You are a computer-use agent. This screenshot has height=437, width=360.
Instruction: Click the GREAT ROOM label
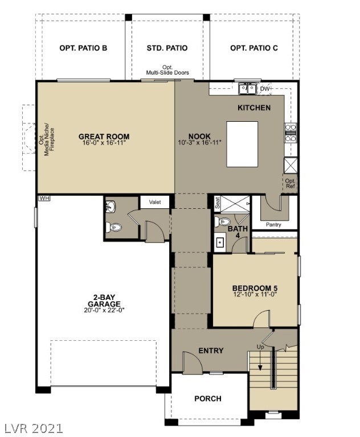coord(104,137)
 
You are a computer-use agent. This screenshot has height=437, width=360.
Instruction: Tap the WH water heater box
coord(44,199)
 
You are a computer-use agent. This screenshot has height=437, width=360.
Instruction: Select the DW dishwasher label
coord(265,89)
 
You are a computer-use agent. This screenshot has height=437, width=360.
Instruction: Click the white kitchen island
coord(242,144)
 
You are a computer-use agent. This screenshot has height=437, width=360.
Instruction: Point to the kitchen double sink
coord(248,89)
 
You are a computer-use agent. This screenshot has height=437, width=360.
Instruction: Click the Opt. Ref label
coord(291,183)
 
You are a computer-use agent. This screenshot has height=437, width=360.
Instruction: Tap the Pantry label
coord(273,225)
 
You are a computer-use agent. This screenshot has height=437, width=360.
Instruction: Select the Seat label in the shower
coord(218,203)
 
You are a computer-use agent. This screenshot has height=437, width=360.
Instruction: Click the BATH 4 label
coord(238,232)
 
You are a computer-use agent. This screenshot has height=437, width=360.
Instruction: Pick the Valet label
coord(154,202)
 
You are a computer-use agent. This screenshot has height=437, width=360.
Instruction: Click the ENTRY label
coord(211,351)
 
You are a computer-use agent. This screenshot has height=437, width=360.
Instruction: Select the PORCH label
coord(208,398)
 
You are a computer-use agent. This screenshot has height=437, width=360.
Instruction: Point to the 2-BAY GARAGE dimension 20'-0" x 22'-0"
coord(104,310)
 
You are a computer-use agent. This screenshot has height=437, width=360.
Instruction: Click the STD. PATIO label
coord(167,48)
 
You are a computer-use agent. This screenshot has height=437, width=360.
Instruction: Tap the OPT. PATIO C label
coord(254,48)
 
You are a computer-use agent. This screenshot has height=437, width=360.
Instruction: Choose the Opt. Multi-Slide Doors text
coord(167,70)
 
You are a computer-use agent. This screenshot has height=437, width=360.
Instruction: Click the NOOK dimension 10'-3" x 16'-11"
coord(199,142)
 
